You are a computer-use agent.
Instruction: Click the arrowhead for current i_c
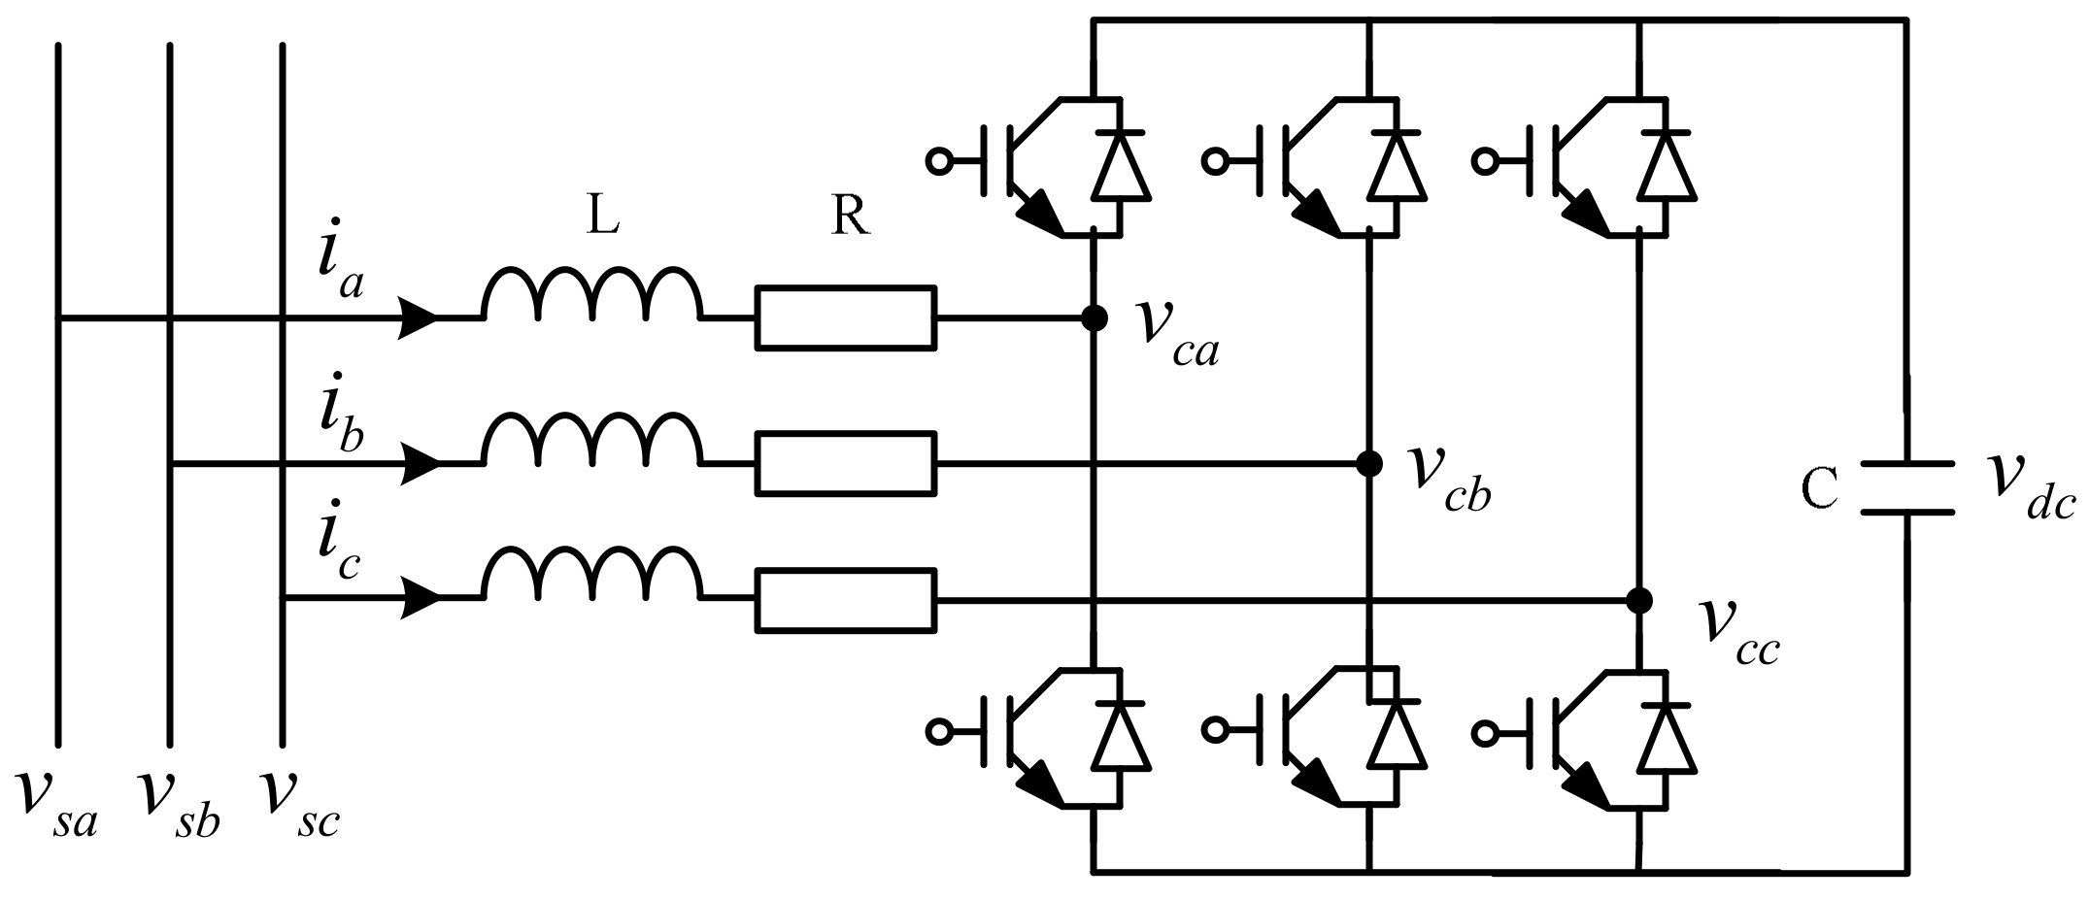421,599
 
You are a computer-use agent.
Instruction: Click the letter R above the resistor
851,218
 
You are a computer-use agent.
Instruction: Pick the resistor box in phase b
846,464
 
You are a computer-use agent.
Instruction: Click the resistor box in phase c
846,600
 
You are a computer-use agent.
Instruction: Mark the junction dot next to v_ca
1095,317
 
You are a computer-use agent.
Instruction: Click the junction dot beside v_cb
1369,464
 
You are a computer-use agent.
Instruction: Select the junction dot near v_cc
1639,600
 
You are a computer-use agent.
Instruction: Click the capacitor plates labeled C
1906,487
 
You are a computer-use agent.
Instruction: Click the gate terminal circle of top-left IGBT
939,161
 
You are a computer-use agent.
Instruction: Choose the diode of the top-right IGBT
1668,165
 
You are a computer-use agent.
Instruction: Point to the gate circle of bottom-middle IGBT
1214,731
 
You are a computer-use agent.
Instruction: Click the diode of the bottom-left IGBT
1122,735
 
